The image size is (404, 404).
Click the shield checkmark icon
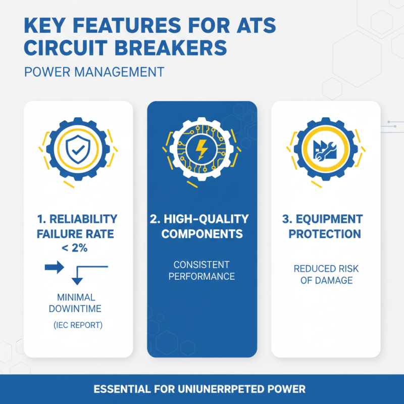[77, 150]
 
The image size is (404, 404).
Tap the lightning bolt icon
[201, 150]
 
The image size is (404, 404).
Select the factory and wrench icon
[326, 150]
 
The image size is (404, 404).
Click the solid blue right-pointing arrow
[55, 267]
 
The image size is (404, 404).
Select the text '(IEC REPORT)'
[78, 325]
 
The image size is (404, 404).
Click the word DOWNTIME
[78, 309]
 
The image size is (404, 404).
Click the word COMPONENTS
[201, 234]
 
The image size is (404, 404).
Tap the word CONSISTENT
[201, 265]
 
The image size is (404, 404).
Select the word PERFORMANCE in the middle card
[201, 277]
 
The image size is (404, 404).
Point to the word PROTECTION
[326, 234]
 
